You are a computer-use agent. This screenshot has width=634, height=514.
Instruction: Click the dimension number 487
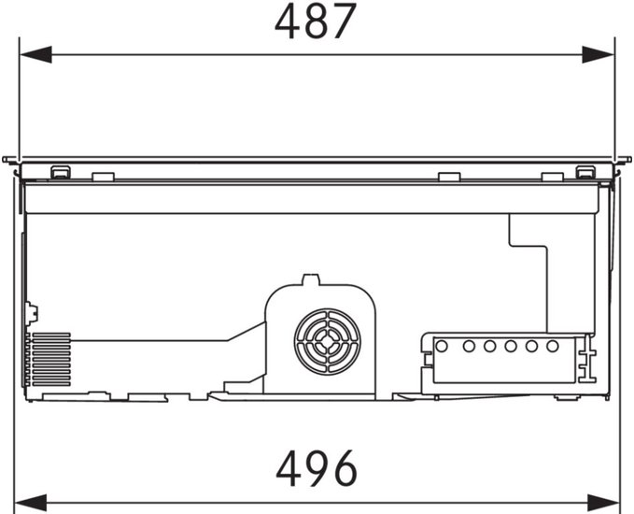(316, 21)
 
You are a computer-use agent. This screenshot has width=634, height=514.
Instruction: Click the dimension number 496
(317, 468)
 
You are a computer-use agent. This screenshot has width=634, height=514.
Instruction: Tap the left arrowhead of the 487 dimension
(35, 54)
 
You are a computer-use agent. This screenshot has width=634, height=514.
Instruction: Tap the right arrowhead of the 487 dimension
(598, 54)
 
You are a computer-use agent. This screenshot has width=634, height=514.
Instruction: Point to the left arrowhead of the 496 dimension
(30, 503)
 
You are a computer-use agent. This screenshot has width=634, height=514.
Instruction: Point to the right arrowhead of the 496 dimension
(603, 503)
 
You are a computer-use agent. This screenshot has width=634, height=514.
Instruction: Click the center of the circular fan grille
(327, 342)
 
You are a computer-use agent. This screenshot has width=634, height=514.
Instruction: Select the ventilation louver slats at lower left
(51, 359)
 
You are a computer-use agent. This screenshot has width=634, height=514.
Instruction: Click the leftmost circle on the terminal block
(442, 346)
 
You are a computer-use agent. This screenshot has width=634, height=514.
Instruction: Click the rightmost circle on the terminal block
(553, 346)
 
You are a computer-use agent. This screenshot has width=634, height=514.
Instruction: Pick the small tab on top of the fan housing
(311, 279)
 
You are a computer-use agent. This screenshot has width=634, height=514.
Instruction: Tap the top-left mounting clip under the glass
(61, 172)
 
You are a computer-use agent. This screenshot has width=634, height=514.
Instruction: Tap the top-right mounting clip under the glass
(585, 172)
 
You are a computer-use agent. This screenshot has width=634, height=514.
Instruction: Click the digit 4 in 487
(288, 21)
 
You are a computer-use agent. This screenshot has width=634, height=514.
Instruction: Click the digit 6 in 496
(345, 468)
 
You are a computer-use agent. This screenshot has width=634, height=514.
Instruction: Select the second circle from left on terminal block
(469, 346)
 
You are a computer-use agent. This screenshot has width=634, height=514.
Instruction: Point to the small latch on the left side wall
(32, 313)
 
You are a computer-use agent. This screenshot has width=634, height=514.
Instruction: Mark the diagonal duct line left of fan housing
(246, 331)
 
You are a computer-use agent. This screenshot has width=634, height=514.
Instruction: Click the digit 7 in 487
(344, 21)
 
